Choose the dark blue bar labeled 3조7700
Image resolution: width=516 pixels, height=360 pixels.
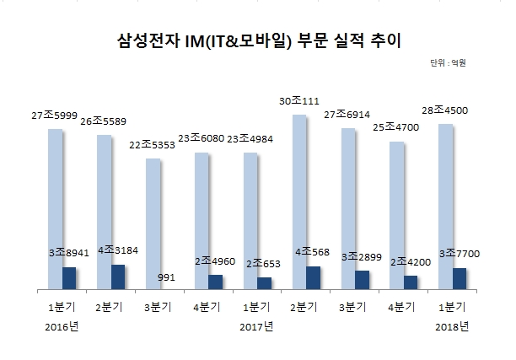point(460,279)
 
